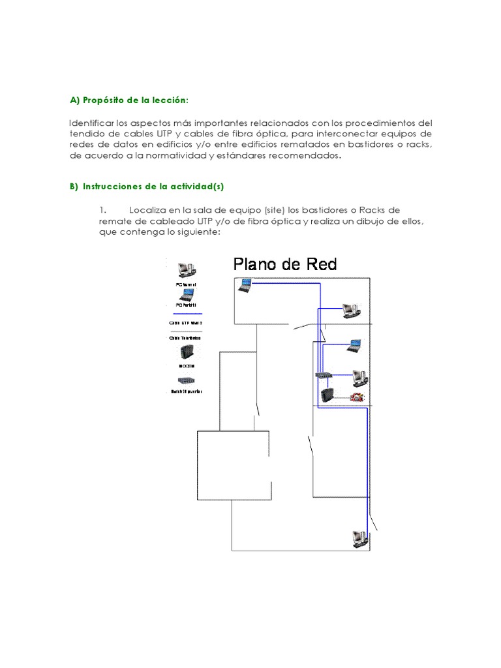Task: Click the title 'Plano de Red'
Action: pos(285,264)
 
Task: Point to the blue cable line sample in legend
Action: pos(185,314)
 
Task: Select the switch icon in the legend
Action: pos(185,381)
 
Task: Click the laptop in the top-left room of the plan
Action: pos(245,284)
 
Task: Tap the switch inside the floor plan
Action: pos(324,376)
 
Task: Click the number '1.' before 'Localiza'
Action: pos(103,209)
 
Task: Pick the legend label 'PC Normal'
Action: pos(185,285)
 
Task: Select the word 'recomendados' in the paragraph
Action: pos(306,157)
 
